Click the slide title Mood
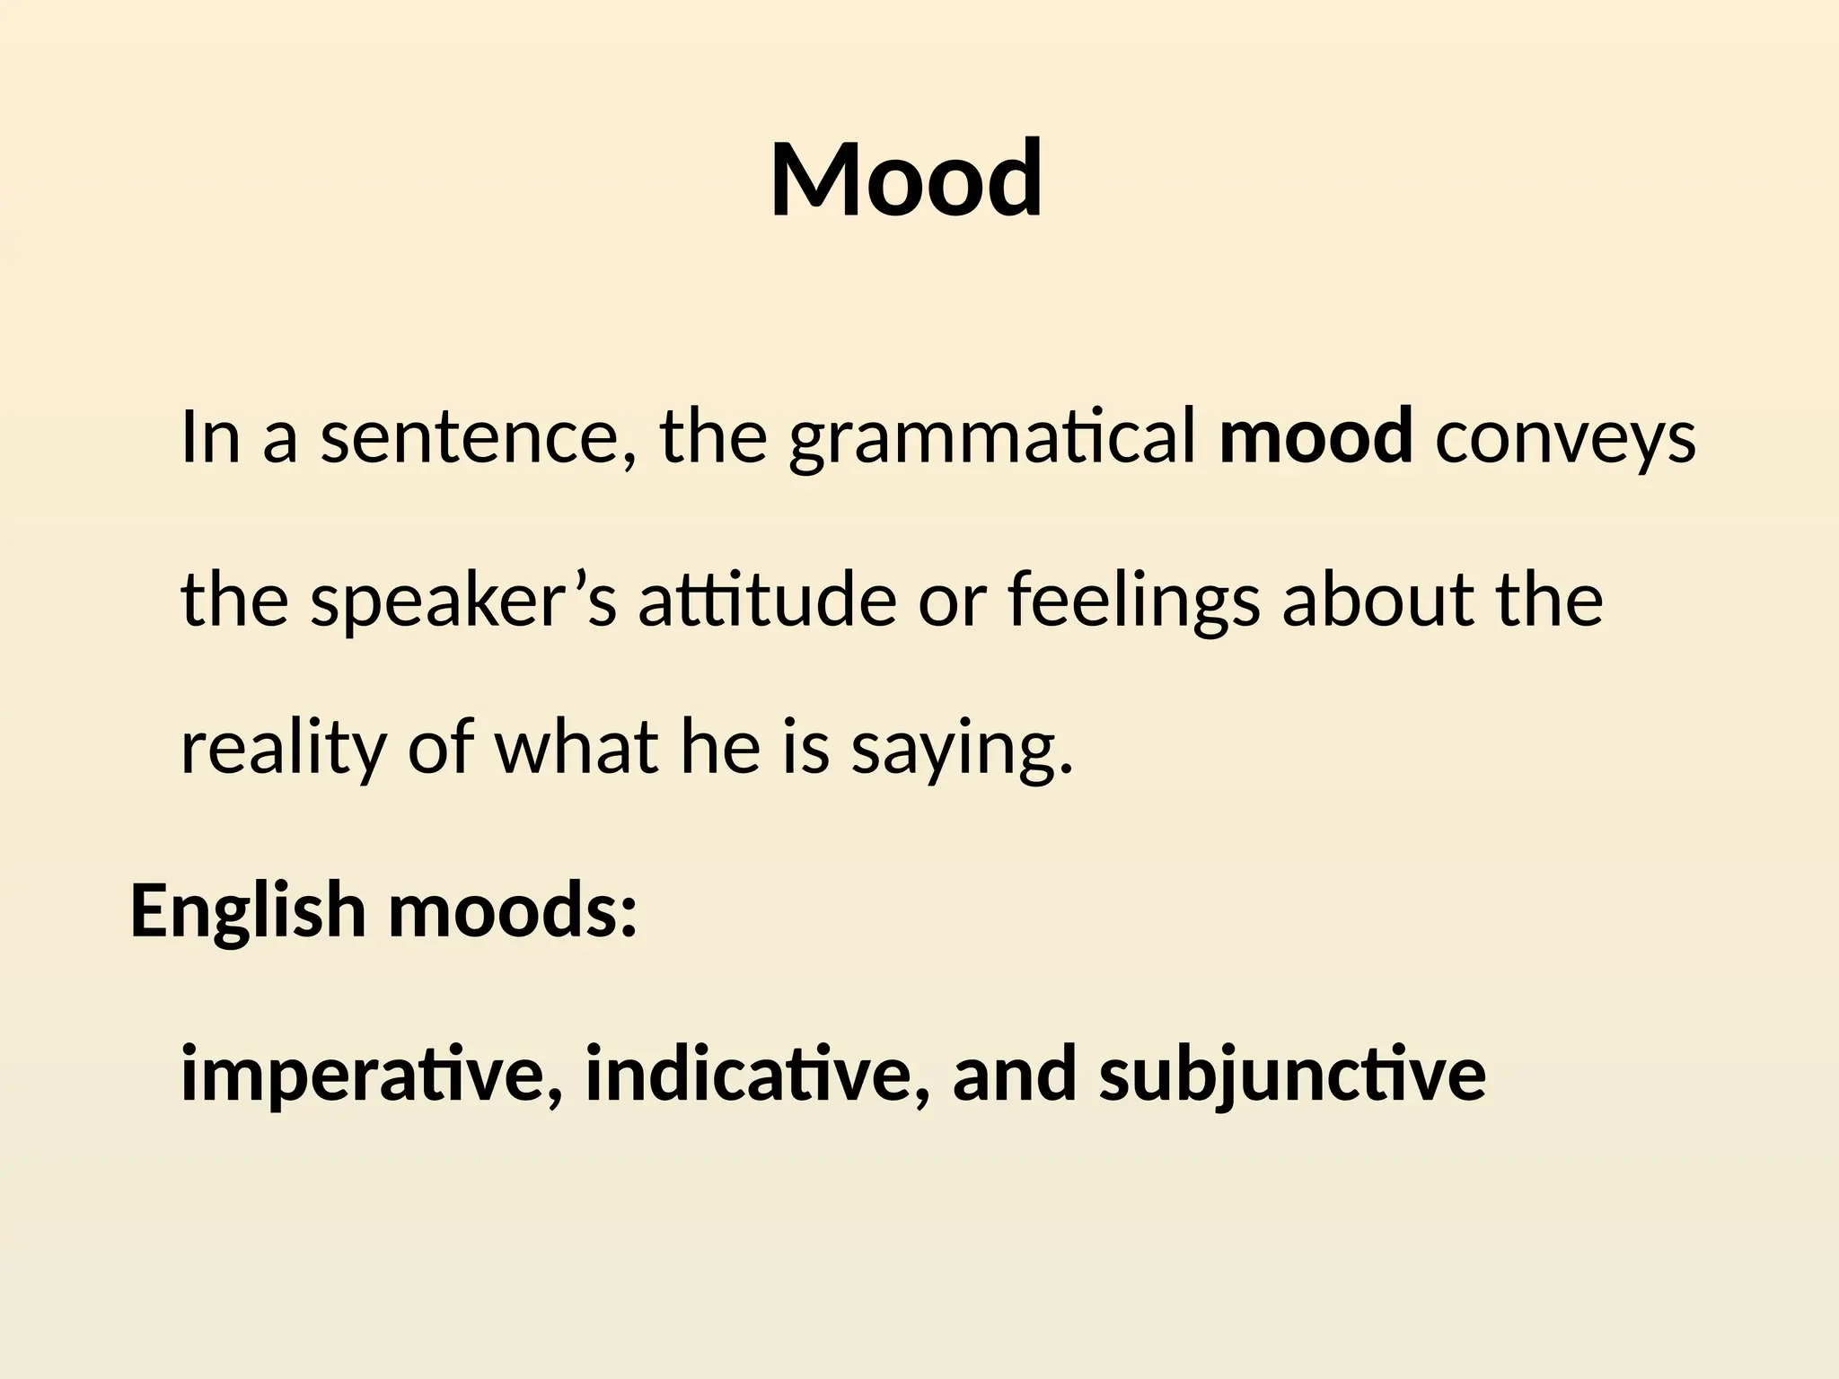(x=906, y=180)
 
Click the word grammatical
(x=992, y=438)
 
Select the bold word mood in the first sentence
(x=1315, y=436)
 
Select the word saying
(x=962, y=752)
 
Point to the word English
(x=248, y=910)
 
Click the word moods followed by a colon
(x=513, y=910)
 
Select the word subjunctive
(x=1292, y=1076)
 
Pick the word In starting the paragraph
(x=211, y=436)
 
